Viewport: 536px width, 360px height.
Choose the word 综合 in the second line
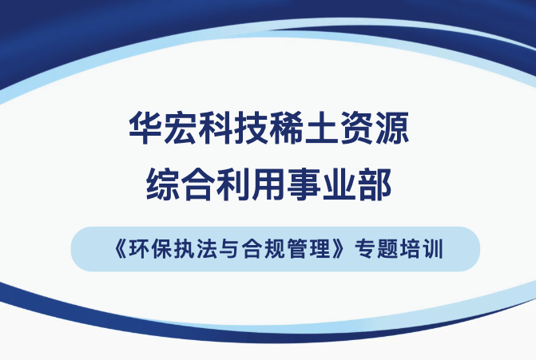pyautogui.click(x=181, y=184)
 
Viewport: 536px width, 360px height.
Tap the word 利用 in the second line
pyautogui.click(x=252, y=184)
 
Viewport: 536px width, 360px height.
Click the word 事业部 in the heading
pyautogui.click(x=339, y=184)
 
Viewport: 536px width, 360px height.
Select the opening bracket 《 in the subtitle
pyautogui.click(x=121, y=249)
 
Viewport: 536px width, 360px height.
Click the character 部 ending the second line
pyautogui.click(x=375, y=184)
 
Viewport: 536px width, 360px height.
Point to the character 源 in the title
pyautogui.click(x=392, y=128)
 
